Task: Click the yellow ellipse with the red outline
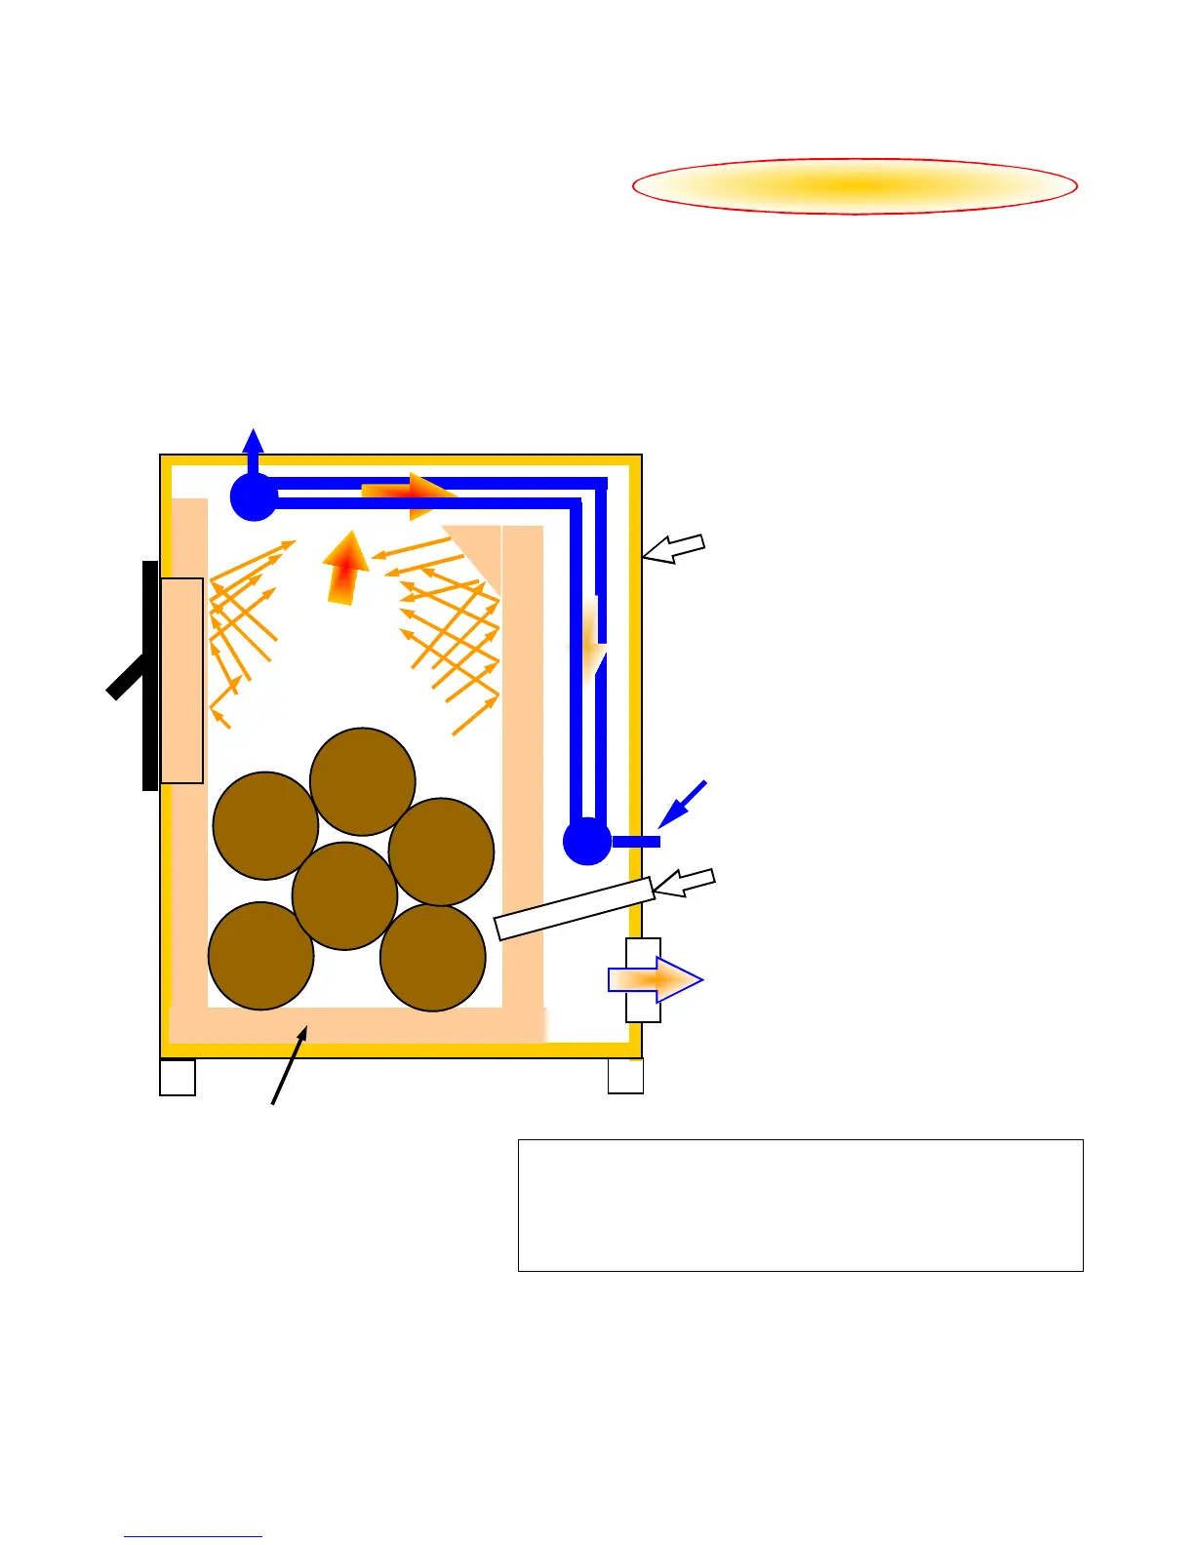[855, 186]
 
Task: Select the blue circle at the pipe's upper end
[254, 496]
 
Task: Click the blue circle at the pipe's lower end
[587, 840]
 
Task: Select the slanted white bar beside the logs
[574, 908]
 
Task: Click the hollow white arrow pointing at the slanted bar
[685, 882]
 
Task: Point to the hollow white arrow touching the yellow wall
[674, 548]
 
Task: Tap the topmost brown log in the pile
[363, 781]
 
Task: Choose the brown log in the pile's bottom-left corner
[260, 956]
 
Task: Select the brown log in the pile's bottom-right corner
[433, 957]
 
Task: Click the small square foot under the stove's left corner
[178, 1078]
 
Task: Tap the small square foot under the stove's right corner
[625, 1076]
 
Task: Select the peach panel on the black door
[181, 681]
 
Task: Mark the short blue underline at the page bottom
[193, 1537]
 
